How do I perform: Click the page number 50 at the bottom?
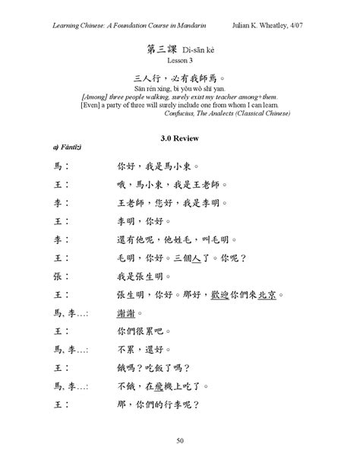180,440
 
